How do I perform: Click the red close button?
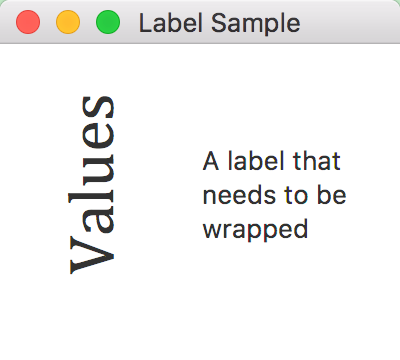click(29, 22)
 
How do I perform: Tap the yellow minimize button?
click(68, 22)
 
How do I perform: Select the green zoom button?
click(107, 22)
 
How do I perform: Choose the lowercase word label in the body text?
click(252, 160)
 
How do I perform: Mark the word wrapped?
click(254, 230)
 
